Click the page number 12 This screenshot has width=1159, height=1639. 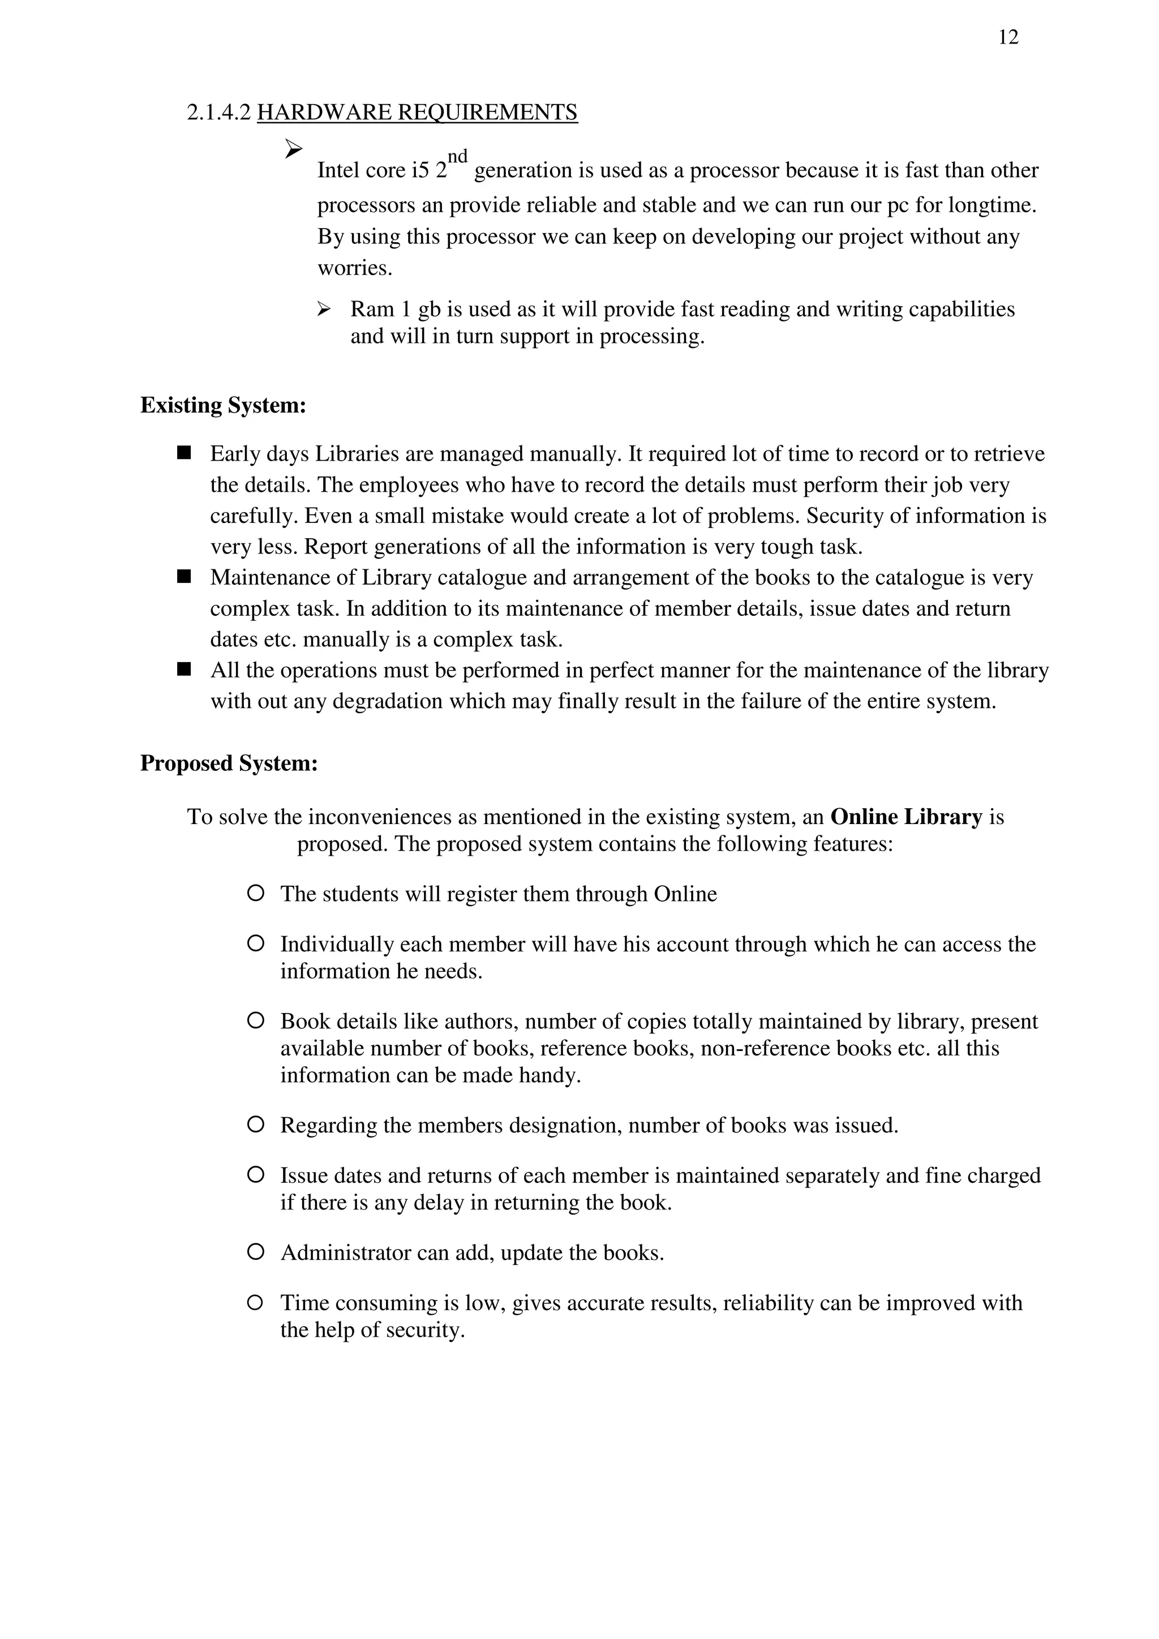click(1008, 37)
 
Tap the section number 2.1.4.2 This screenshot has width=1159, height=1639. click(219, 112)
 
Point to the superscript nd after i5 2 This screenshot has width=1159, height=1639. click(457, 156)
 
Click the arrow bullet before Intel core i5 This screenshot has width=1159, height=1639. click(293, 148)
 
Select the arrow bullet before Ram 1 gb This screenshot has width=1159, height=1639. click(324, 309)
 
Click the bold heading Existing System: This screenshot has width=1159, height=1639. click(222, 405)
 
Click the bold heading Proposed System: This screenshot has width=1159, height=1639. click(229, 763)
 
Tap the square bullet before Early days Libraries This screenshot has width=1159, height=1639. click(184, 453)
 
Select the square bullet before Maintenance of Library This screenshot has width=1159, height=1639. click(184, 576)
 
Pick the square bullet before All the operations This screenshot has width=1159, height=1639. click(184, 669)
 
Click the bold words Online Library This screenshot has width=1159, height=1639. click(907, 817)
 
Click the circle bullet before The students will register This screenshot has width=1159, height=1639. click(255, 893)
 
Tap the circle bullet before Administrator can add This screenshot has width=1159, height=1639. click(255, 1251)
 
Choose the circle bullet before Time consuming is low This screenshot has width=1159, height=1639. click(255, 1302)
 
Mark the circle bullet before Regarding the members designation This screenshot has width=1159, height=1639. click(255, 1125)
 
